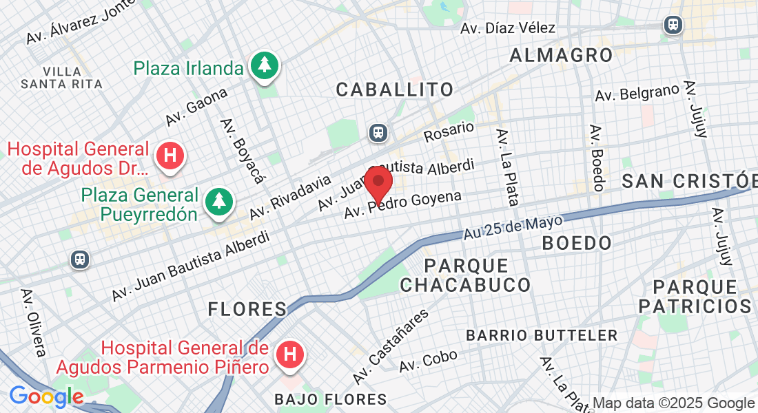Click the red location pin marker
tap(378, 183)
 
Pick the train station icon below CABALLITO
tap(378, 131)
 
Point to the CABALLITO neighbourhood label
tap(395, 89)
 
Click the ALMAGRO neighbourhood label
tap(561, 55)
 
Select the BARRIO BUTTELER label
tap(542, 336)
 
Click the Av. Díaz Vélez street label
tap(508, 28)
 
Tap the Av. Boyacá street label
tap(243, 151)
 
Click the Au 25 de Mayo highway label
tap(513, 227)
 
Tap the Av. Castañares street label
tap(391, 347)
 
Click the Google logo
tap(46, 397)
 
